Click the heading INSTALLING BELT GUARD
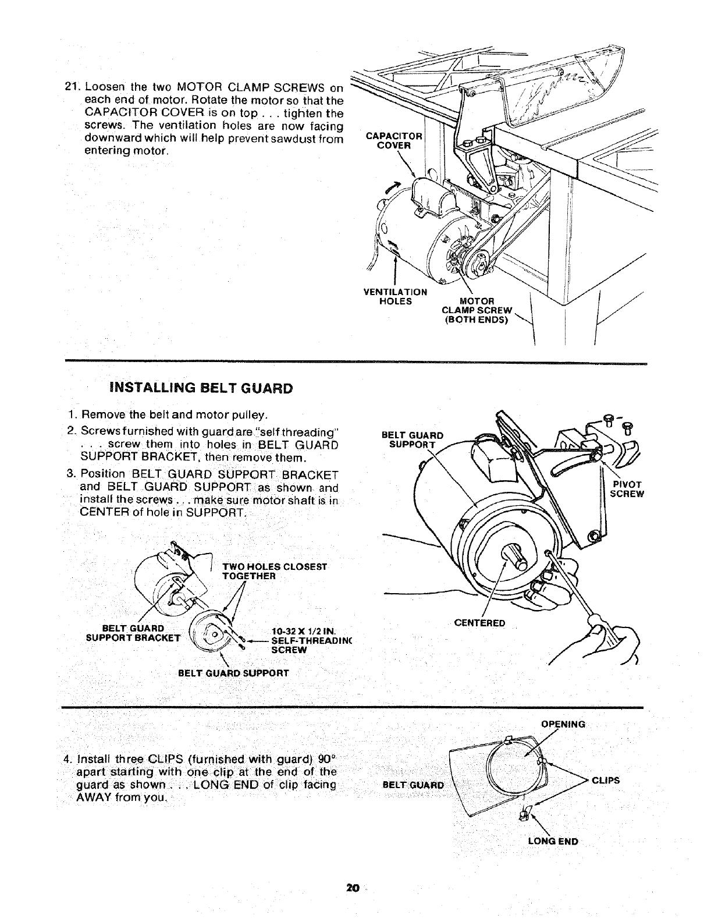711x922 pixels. pos(193,388)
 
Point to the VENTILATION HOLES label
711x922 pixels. pos(395,296)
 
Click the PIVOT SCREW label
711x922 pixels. pos(626,489)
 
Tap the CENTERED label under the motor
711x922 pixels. pos(479,623)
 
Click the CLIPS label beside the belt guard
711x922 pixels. pos(606,781)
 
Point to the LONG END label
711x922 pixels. pos(553,841)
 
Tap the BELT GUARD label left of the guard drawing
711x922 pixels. pos(413,785)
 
